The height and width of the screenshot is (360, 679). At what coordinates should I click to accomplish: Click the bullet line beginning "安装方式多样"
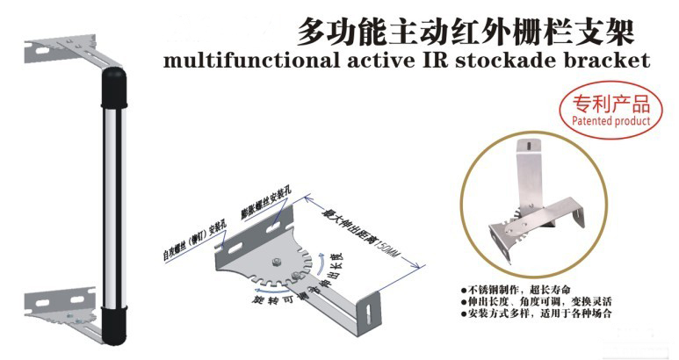[x=536, y=313]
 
